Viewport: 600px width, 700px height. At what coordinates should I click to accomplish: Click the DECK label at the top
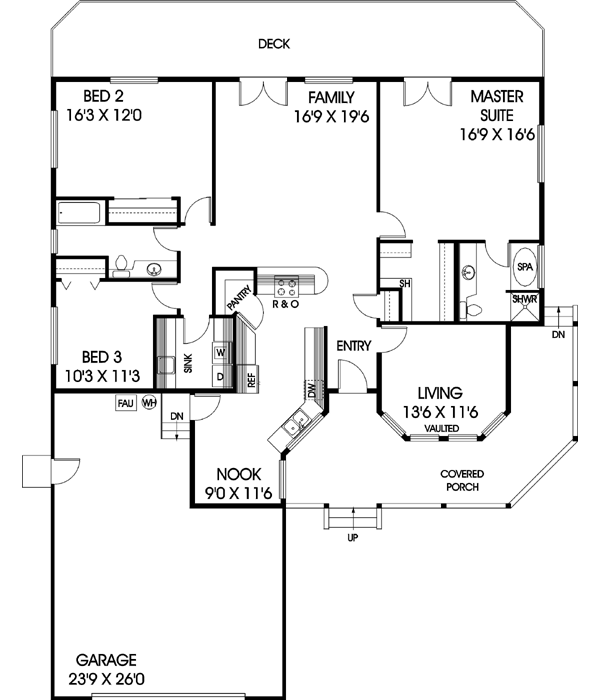273,43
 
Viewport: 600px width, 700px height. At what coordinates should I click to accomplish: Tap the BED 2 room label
102,97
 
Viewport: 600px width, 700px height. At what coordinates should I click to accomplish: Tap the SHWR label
524,299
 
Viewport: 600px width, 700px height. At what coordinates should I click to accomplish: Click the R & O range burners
288,283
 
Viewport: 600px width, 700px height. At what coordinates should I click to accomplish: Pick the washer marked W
220,352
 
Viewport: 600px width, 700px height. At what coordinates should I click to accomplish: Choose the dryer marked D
220,375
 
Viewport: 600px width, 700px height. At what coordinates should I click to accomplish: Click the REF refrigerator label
251,379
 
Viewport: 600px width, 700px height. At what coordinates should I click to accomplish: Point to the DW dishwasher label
312,389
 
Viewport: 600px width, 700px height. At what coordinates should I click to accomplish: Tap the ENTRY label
354,346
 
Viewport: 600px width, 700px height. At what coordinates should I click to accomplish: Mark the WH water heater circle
149,403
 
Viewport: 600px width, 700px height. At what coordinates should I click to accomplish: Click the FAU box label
125,403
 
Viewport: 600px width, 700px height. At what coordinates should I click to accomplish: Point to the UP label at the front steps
352,537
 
